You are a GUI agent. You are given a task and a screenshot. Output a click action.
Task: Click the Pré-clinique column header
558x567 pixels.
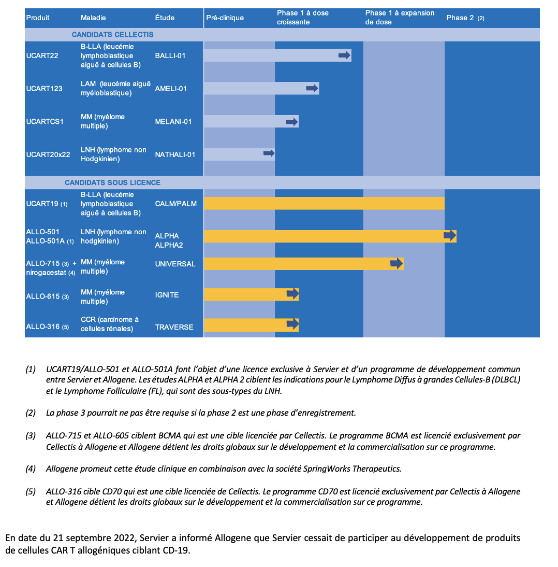coord(225,18)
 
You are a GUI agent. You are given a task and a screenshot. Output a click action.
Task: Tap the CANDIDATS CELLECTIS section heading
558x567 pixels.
coord(112,35)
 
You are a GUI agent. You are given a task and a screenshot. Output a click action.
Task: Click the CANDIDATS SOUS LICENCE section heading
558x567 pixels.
coord(112,182)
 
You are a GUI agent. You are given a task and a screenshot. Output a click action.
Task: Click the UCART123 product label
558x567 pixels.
coord(44,89)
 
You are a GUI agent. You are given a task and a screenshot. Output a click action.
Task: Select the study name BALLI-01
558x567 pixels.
coord(170,55)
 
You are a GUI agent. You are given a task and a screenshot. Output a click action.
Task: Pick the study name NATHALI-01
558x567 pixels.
coord(175,154)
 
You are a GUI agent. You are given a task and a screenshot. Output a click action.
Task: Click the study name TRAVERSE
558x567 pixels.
coord(174,327)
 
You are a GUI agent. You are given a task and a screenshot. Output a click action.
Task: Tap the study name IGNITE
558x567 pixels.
coord(167,295)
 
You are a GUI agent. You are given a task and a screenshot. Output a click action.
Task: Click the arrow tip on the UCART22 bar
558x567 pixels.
coord(345,55)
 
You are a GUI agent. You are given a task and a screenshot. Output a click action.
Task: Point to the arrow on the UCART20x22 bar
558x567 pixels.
coord(269,153)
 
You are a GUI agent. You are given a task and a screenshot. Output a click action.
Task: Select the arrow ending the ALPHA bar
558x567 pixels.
coord(450,236)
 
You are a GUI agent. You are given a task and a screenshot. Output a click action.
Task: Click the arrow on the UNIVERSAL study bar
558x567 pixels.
coord(397,263)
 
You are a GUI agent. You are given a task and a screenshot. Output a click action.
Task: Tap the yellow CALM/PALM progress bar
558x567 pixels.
coord(324,203)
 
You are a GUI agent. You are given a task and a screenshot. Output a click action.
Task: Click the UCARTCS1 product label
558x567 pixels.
coord(45,122)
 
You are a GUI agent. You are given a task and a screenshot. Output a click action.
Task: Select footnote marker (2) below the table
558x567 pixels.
coord(31,413)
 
